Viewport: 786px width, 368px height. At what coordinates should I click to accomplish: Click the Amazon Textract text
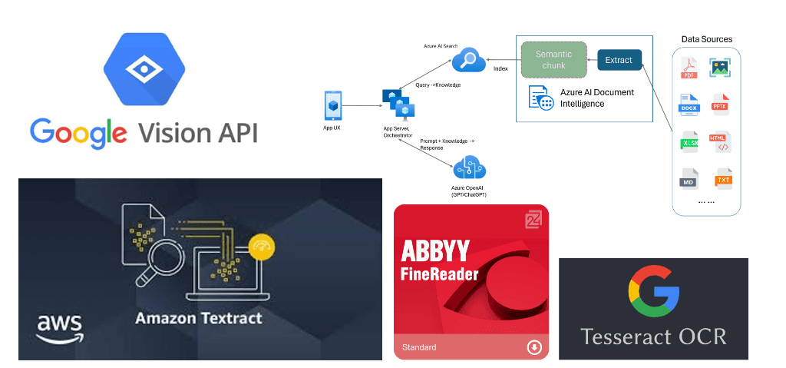click(x=199, y=317)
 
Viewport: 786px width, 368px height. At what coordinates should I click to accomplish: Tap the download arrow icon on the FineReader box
click(x=534, y=348)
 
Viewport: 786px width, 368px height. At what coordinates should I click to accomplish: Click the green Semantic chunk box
click(x=554, y=60)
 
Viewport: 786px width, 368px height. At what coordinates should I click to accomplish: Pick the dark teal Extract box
click(x=619, y=60)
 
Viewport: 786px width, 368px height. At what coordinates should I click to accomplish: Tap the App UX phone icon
click(x=332, y=104)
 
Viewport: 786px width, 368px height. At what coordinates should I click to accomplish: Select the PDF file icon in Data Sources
click(x=689, y=69)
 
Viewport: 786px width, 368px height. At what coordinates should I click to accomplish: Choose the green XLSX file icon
click(x=689, y=143)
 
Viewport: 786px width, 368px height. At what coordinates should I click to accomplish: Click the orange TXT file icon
click(x=723, y=180)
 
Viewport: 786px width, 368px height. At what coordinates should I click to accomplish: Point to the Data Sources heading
click(x=706, y=38)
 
